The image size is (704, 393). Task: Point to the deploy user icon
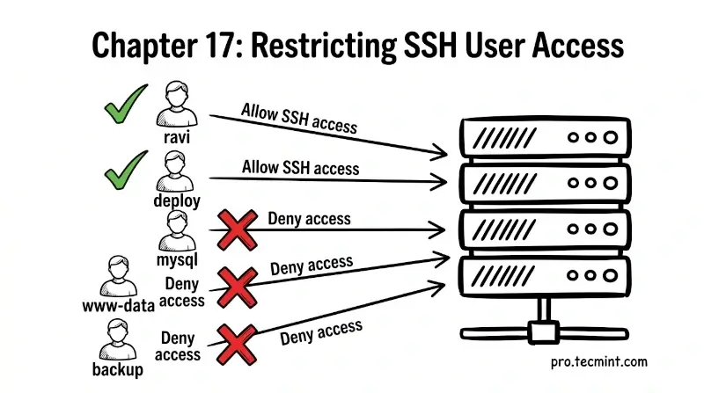(x=175, y=171)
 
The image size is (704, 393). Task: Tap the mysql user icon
(x=176, y=230)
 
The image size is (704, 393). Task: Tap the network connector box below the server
(x=540, y=332)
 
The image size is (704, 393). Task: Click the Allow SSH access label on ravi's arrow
(x=299, y=118)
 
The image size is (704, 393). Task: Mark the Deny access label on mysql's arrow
(x=309, y=219)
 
